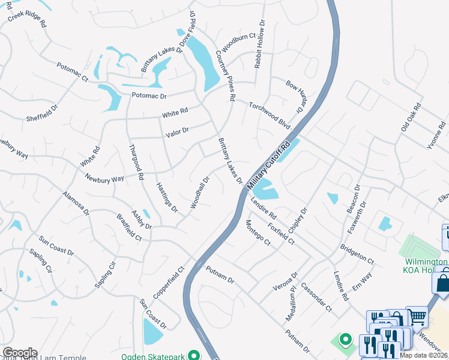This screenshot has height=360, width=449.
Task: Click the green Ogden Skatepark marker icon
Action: click(193, 355)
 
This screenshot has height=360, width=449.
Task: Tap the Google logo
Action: click(20, 353)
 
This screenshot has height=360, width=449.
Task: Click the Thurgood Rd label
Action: click(136, 163)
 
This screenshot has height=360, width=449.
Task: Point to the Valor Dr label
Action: click(177, 130)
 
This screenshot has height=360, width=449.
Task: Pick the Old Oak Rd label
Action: click(411, 118)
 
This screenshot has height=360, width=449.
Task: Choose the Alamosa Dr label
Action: click(76, 203)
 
